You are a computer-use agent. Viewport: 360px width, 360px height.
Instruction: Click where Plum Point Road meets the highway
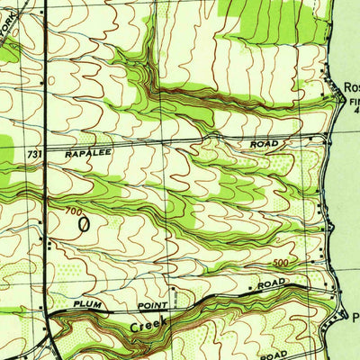tap(49, 312)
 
